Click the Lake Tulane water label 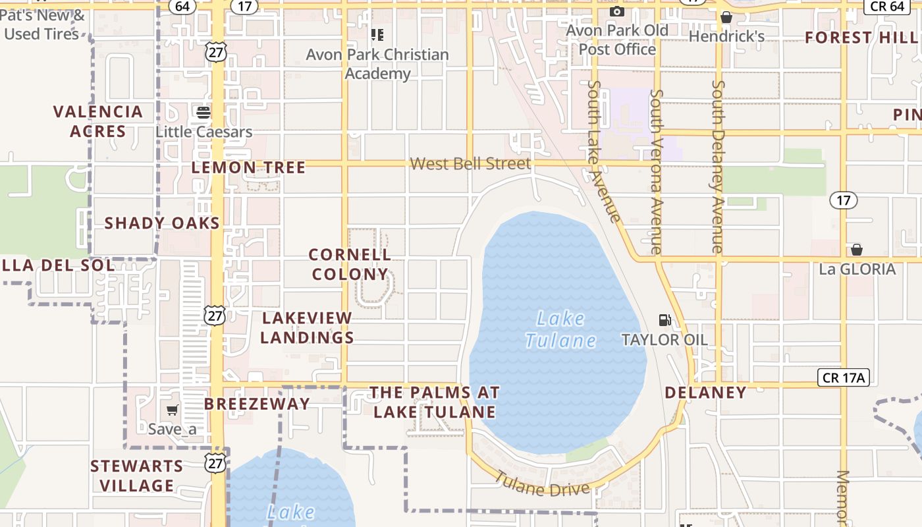pos(560,329)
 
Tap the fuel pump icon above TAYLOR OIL pos(665,320)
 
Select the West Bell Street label pos(470,163)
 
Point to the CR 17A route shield pos(844,377)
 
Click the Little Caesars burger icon pos(203,112)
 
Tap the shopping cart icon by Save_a pos(173,410)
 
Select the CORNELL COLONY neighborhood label pos(350,264)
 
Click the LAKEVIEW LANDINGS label pos(307,327)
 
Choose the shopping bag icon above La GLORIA pos(856,250)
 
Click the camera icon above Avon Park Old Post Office pos(616,12)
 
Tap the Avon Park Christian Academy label pos(377,64)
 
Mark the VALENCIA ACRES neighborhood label pos(98,121)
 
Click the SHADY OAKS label pos(162,223)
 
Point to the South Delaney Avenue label pos(718,167)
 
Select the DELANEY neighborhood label pos(705,393)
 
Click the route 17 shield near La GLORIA pos(843,200)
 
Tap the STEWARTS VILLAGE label pos(137,476)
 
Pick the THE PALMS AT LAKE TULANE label pos(434,402)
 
